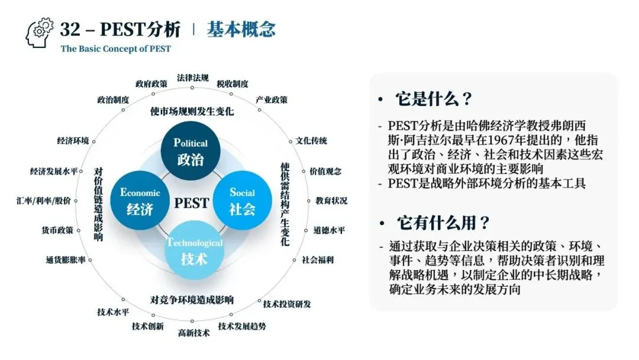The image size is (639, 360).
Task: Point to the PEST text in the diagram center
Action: (191, 203)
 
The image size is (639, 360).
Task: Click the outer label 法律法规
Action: (193, 78)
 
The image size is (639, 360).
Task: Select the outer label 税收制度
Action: (233, 83)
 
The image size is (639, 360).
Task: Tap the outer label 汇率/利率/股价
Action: (44, 201)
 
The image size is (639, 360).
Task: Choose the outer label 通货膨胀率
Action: (66, 259)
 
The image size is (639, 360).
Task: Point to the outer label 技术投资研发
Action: (287, 304)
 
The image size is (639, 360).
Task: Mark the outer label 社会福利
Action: (318, 259)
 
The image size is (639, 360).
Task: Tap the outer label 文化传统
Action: (311, 141)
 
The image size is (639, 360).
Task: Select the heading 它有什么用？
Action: (443, 223)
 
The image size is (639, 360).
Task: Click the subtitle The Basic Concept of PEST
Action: (115, 49)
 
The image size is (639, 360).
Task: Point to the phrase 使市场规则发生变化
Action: (192, 111)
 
